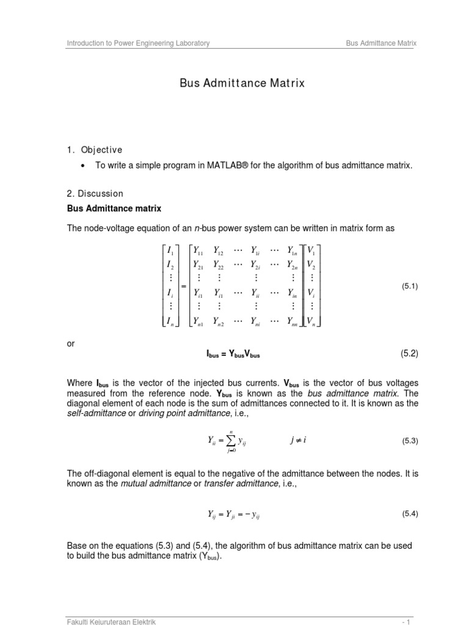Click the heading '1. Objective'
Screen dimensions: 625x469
pyautogui.click(x=95, y=150)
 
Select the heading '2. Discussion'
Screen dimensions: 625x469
pyautogui.click(x=95, y=193)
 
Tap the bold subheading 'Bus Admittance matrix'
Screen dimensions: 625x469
pyautogui.click(x=114, y=209)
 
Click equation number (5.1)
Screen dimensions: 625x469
pyautogui.click(x=409, y=286)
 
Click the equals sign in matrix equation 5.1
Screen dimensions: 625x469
pyautogui.click(x=184, y=286)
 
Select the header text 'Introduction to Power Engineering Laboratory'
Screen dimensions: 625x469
pyautogui.click(x=138, y=43)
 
